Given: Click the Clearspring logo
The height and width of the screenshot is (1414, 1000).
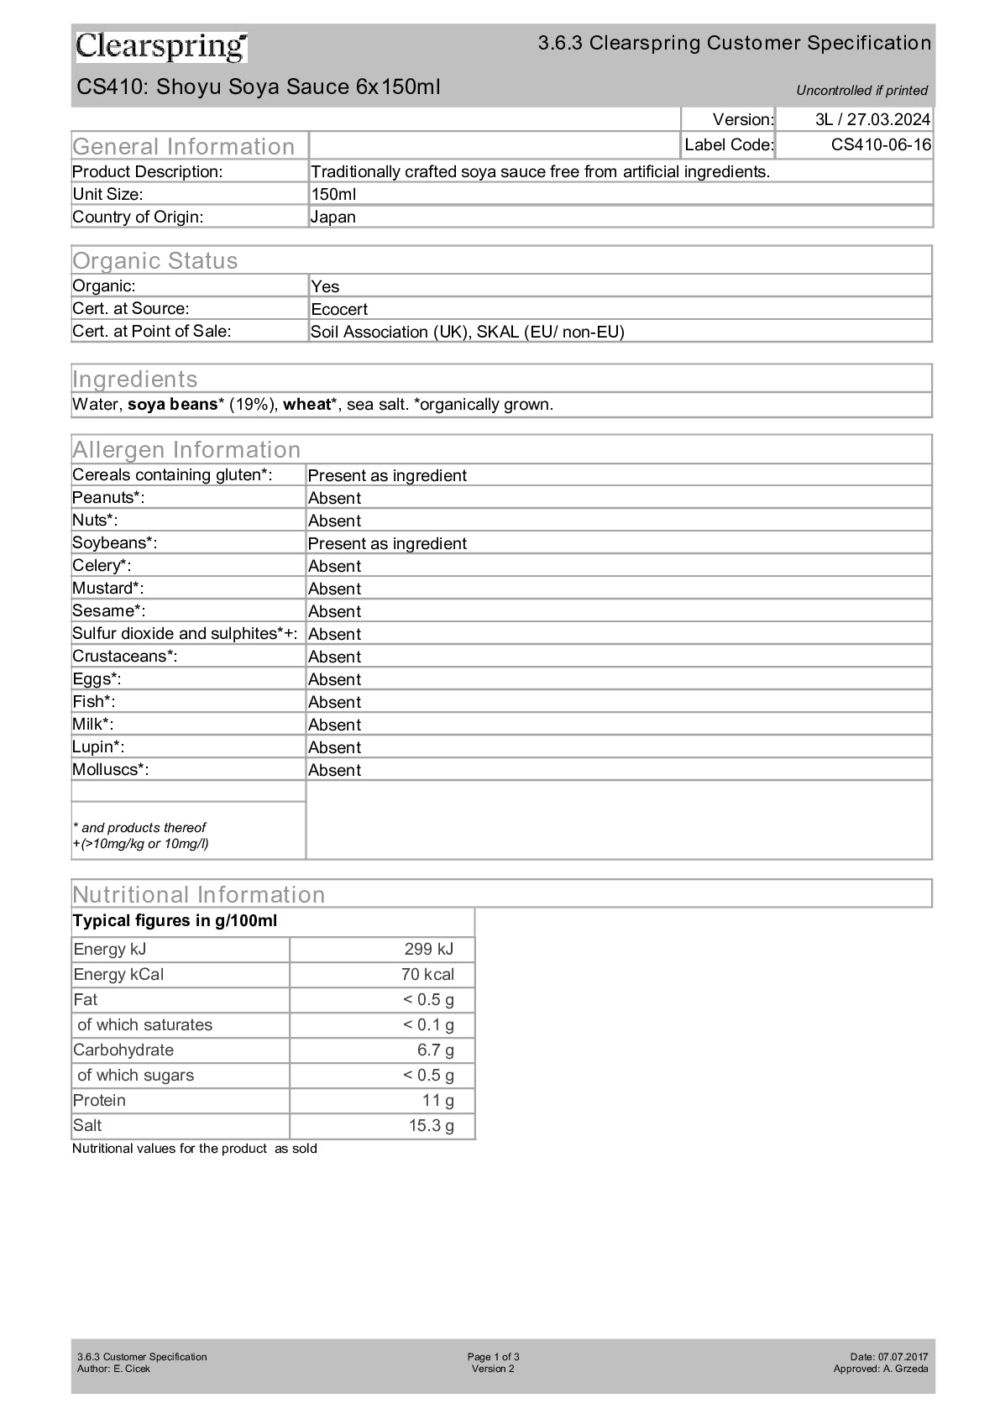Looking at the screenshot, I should click(x=161, y=47).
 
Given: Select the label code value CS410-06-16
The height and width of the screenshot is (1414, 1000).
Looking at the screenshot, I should click(x=881, y=144).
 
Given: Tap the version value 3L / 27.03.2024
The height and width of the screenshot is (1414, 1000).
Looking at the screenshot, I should click(x=872, y=119).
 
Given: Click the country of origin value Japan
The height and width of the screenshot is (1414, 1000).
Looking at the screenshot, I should click(x=333, y=217).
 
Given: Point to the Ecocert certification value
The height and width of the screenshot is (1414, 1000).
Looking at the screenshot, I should click(x=339, y=309).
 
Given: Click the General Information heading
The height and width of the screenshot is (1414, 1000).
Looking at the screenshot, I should click(x=183, y=146).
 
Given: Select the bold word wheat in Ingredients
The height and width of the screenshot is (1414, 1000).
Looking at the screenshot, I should click(x=306, y=404).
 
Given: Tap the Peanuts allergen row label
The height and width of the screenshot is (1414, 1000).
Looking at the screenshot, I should click(x=108, y=497).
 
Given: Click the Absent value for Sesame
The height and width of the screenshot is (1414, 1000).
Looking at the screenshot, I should click(x=334, y=611).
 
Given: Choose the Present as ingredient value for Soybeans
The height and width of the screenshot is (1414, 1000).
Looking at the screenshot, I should click(x=387, y=543).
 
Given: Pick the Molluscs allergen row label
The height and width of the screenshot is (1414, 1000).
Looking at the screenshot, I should click(x=110, y=769).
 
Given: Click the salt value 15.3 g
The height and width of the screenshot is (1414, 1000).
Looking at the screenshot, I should click(x=431, y=1125).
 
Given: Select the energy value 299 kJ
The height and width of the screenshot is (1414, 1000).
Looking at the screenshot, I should click(x=428, y=949).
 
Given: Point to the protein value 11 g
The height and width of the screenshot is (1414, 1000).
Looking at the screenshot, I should click(x=437, y=1100).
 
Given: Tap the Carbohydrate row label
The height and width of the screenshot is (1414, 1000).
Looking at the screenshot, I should click(x=123, y=1050).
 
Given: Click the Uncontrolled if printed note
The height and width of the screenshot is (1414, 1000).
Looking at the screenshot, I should click(x=861, y=90).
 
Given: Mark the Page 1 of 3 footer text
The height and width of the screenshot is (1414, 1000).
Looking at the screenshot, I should click(x=493, y=1356).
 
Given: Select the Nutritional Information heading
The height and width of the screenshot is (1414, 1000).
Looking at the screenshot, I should click(x=198, y=894).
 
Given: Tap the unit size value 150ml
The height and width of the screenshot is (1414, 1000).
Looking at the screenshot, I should click(x=333, y=194).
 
